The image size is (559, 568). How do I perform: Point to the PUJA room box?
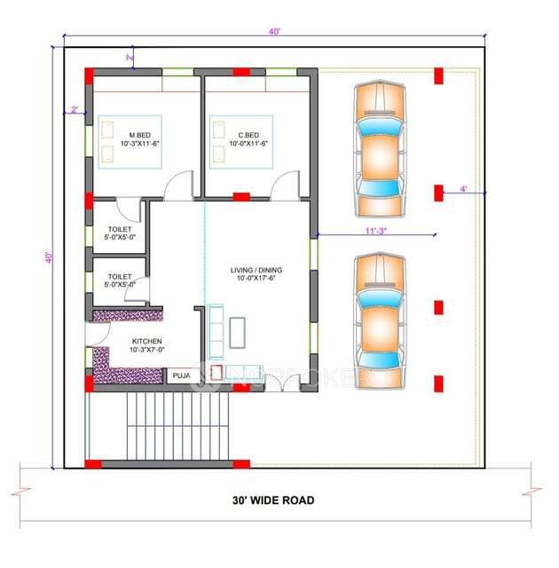tap(181, 375)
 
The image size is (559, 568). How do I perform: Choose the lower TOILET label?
tap(120, 280)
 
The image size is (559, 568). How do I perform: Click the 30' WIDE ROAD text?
tap(267, 501)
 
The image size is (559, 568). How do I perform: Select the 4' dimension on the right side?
tap(463, 189)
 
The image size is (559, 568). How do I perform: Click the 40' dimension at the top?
tap(274, 31)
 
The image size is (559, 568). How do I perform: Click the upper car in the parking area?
tap(381, 147)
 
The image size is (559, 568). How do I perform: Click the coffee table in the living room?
tap(238, 332)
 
